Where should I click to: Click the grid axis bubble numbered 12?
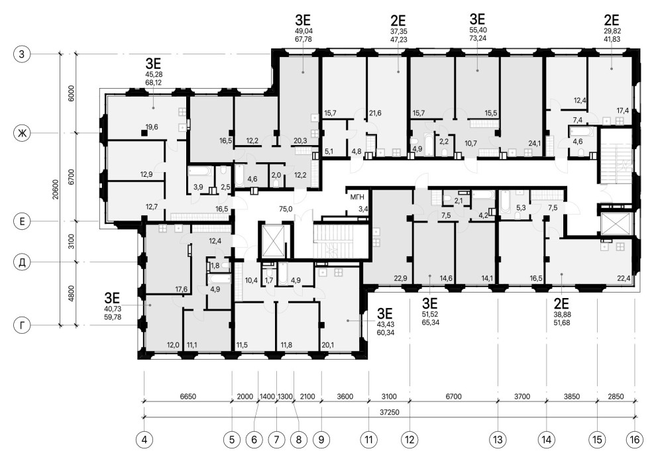click(410, 440)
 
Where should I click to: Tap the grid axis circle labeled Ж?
click(21, 133)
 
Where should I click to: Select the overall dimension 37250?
click(389, 413)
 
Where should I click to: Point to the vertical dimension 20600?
click(56, 190)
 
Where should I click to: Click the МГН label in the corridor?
click(357, 197)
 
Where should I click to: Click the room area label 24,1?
click(535, 144)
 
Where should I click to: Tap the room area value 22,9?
click(400, 278)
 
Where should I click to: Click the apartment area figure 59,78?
click(112, 317)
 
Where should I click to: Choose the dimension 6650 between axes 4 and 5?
click(188, 396)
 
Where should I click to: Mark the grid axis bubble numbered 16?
click(635, 440)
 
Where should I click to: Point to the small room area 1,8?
click(215, 265)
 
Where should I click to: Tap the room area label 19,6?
click(152, 127)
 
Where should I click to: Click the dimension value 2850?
click(616, 396)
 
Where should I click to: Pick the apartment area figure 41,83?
click(612, 39)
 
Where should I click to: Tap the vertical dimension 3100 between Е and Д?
click(71, 241)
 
